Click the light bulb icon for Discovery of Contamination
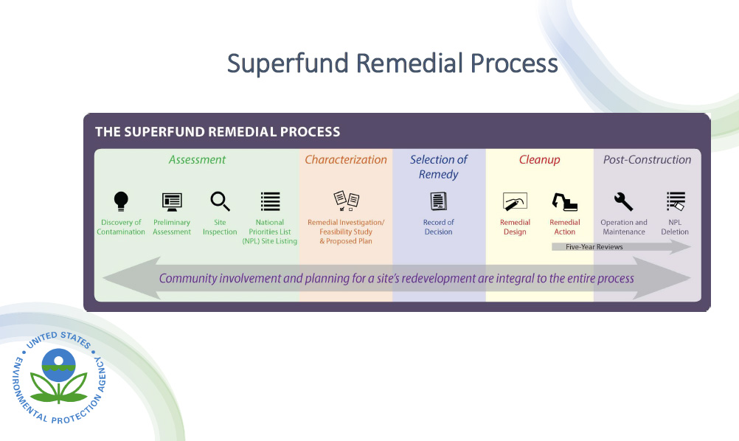coord(121,201)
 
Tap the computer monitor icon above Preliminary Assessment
coord(172,201)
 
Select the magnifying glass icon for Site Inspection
coord(220,201)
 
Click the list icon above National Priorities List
coord(271,201)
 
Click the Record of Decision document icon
coord(439,201)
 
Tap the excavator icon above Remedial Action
coord(565,201)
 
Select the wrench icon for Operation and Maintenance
coord(624,201)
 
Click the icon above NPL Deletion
coord(675,201)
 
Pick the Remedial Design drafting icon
coord(515,201)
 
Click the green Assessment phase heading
coord(197,159)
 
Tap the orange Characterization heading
coord(346,159)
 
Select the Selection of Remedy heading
coord(439,167)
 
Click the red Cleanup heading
coord(539,159)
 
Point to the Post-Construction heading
coord(647,159)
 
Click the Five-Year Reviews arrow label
coord(594,247)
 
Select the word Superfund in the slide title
coord(288,63)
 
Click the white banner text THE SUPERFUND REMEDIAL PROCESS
coord(218,132)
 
